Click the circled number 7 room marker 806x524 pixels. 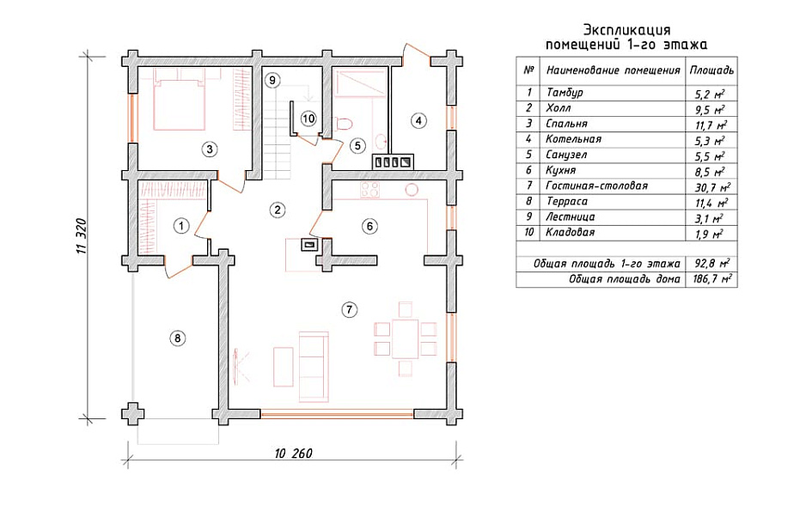(x=349, y=309)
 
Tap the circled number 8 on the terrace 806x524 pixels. (x=177, y=338)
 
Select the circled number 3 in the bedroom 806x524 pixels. (x=209, y=149)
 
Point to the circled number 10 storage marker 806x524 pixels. (x=308, y=119)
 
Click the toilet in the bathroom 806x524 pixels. (x=343, y=124)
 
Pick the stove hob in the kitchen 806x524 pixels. (x=369, y=191)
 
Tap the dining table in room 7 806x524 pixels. (x=405, y=338)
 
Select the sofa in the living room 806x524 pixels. (x=314, y=366)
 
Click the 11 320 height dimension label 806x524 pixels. (x=82, y=235)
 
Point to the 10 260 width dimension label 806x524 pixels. (x=294, y=454)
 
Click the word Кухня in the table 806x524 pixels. (x=561, y=170)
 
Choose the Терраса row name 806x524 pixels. (x=566, y=201)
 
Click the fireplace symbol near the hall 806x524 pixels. (x=308, y=245)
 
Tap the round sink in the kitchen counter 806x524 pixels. (x=412, y=190)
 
